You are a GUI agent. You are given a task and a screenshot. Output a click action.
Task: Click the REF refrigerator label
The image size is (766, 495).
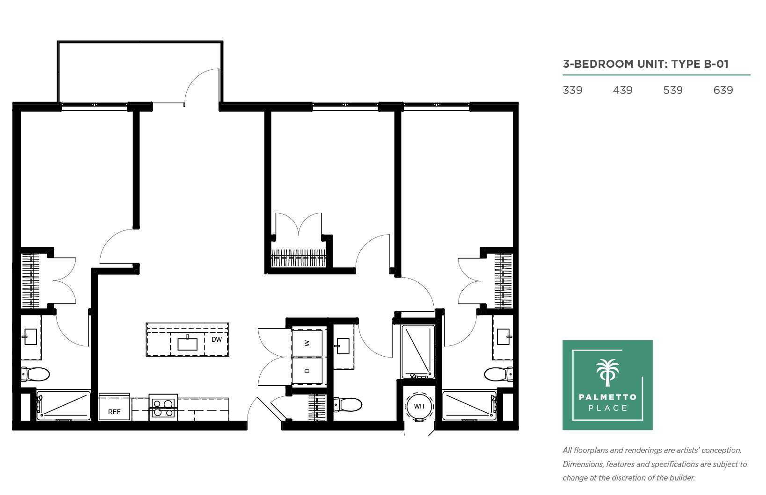pyautogui.click(x=114, y=412)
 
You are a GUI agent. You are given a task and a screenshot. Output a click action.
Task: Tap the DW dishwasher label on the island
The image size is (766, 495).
pyautogui.click(x=217, y=339)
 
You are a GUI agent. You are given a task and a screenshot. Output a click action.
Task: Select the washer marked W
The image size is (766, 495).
pyautogui.click(x=307, y=343)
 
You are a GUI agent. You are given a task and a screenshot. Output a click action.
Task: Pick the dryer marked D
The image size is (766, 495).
pyautogui.click(x=307, y=371)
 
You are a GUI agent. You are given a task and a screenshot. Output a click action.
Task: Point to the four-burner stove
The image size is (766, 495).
pyautogui.click(x=163, y=408)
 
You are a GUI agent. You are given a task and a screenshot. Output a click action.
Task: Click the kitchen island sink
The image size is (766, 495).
pyautogui.click(x=187, y=344)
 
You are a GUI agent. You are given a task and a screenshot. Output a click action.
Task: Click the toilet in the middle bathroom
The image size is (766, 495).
pyautogui.click(x=347, y=405)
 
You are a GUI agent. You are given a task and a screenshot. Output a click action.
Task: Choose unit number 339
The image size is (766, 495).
pyautogui.click(x=572, y=90)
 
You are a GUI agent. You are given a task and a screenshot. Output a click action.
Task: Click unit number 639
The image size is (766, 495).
pyautogui.click(x=723, y=90)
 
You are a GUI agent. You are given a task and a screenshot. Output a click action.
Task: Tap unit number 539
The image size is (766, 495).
pyautogui.click(x=673, y=90)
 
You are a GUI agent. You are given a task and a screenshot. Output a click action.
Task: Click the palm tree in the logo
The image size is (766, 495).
pyautogui.click(x=608, y=373)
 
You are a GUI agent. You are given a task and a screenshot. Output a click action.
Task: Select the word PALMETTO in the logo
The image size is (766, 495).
pyautogui.click(x=608, y=397)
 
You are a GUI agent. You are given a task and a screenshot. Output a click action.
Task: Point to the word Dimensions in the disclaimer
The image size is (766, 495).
pyautogui.click(x=584, y=464)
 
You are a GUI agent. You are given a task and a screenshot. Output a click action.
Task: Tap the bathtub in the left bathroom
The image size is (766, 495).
pyautogui.click(x=64, y=406)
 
